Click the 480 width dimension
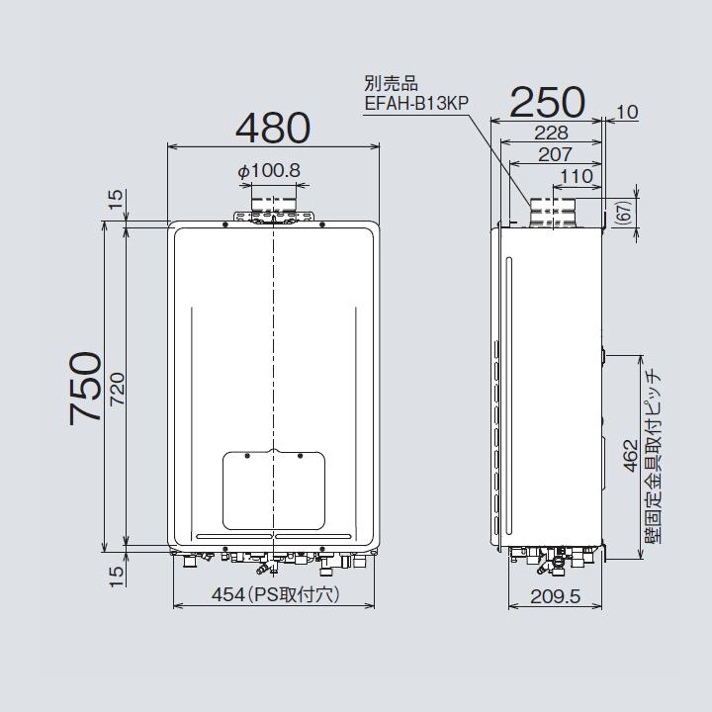[x=273, y=127]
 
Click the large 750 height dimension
[x=88, y=387]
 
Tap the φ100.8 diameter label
[x=268, y=171]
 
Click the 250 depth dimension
[x=547, y=102]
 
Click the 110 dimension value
[x=576, y=177]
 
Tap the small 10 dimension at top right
[x=628, y=113]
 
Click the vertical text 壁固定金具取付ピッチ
[x=653, y=454]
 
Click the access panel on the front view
[x=274, y=490]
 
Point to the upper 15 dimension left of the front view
[x=115, y=200]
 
